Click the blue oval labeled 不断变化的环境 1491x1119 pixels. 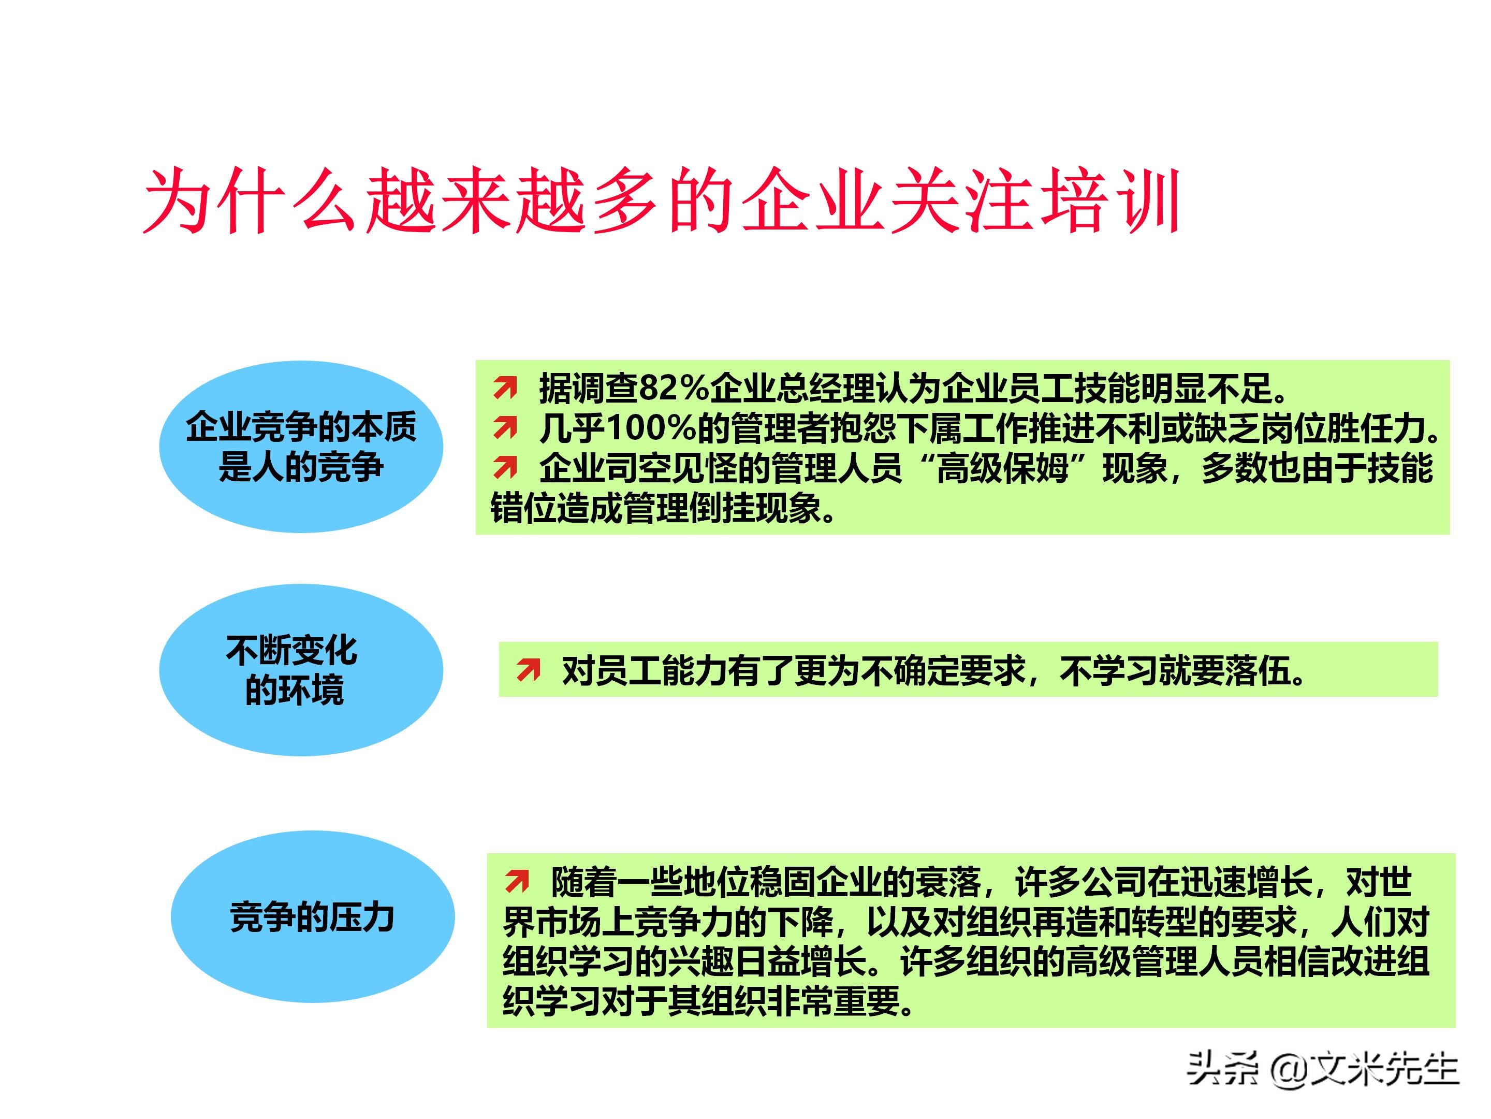(x=301, y=669)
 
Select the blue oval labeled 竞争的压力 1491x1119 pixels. (x=312, y=916)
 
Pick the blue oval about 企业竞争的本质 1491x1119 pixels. (x=301, y=447)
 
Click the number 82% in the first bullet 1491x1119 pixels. (x=674, y=388)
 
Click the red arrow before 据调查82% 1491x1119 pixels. (x=505, y=388)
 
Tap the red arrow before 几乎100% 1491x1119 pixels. (x=505, y=427)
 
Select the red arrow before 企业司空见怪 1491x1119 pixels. (x=505, y=467)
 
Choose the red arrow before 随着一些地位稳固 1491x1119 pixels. (x=517, y=880)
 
